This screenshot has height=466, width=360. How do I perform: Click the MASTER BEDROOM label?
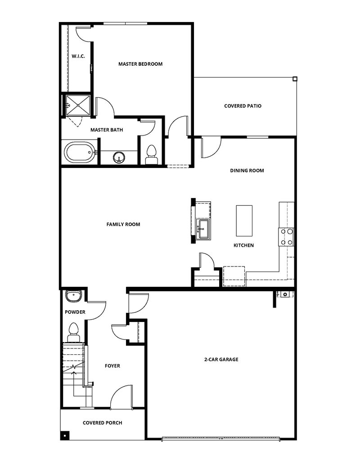coord(140,64)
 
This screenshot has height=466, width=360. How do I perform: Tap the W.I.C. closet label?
coord(78,56)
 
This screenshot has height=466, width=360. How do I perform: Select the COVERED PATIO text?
coord(243,106)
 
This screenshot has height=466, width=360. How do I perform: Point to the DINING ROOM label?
coord(247,171)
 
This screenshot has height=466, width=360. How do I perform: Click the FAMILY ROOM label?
coord(123,224)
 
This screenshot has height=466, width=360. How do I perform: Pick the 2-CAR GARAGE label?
coord(221,359)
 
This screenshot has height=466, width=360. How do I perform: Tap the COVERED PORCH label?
coord(102,423)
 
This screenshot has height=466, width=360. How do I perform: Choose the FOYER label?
coord(112,366)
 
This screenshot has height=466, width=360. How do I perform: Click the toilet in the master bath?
coord(151,154)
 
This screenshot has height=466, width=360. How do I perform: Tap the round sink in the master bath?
coord(119,157)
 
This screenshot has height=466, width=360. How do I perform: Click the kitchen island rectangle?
coord(244,220)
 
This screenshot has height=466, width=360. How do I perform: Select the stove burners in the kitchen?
coord(287,237)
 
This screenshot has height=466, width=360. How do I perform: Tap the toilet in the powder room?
coord(73,332)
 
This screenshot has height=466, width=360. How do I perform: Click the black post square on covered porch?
coord(65,435)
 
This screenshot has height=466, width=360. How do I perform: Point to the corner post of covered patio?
coord(295,79)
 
